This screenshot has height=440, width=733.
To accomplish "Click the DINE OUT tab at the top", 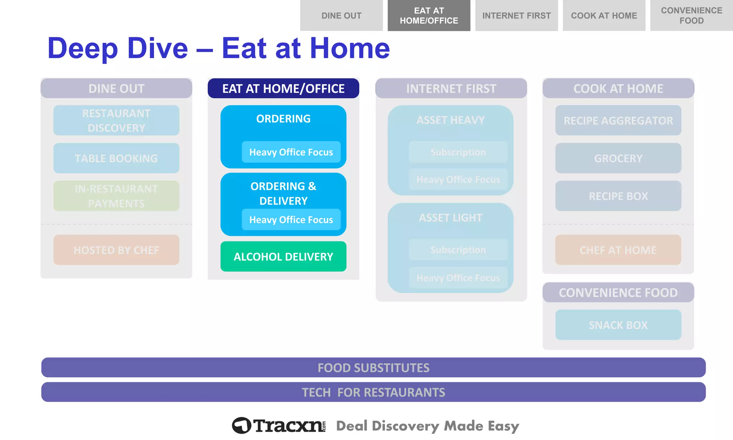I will coord(341,15).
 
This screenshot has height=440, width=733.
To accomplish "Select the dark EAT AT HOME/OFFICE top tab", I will coord(428,15).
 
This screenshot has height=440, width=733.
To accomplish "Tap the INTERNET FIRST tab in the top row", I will coord(516,15).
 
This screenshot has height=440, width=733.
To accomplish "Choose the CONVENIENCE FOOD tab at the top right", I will coord(691,15).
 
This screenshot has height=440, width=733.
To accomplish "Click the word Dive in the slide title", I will coord(157,48).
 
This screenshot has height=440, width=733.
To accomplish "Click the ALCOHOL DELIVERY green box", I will coord(283,256).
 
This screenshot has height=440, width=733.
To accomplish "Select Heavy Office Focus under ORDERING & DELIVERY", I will coord(291,219).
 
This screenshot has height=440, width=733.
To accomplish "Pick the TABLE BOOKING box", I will coord(116,158).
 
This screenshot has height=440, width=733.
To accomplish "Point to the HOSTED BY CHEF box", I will coord(116,250).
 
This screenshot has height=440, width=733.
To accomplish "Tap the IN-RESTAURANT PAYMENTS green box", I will coord(116,196).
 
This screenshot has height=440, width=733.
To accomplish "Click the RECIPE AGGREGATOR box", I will coord(618,120).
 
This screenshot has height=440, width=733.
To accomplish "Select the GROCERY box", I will coord(618,158).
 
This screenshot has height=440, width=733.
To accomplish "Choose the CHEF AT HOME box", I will coord(618,250).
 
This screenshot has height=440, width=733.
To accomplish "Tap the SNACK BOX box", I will coord(618,325).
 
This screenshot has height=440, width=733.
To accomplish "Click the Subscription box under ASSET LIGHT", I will coord(458,250).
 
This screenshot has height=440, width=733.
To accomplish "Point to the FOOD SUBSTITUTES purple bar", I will coord(373,367).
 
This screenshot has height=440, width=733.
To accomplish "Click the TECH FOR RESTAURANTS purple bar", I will coord(373,392).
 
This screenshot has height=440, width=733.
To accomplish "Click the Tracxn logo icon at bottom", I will coord(242,425).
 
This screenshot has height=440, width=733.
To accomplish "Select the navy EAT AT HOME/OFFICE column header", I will coord(283,88).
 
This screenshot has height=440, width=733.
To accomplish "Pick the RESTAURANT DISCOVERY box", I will coord(116,120).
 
